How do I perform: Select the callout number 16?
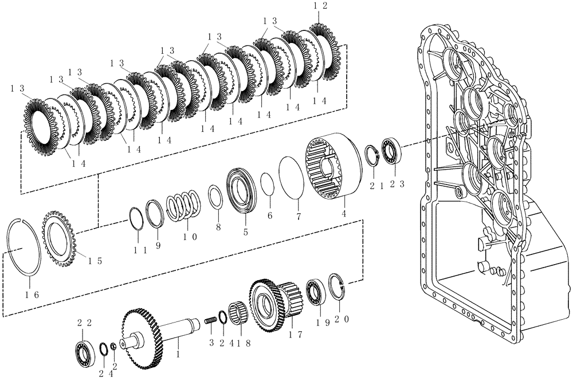[x=32, y=294]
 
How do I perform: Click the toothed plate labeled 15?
[x=60, y=238]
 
